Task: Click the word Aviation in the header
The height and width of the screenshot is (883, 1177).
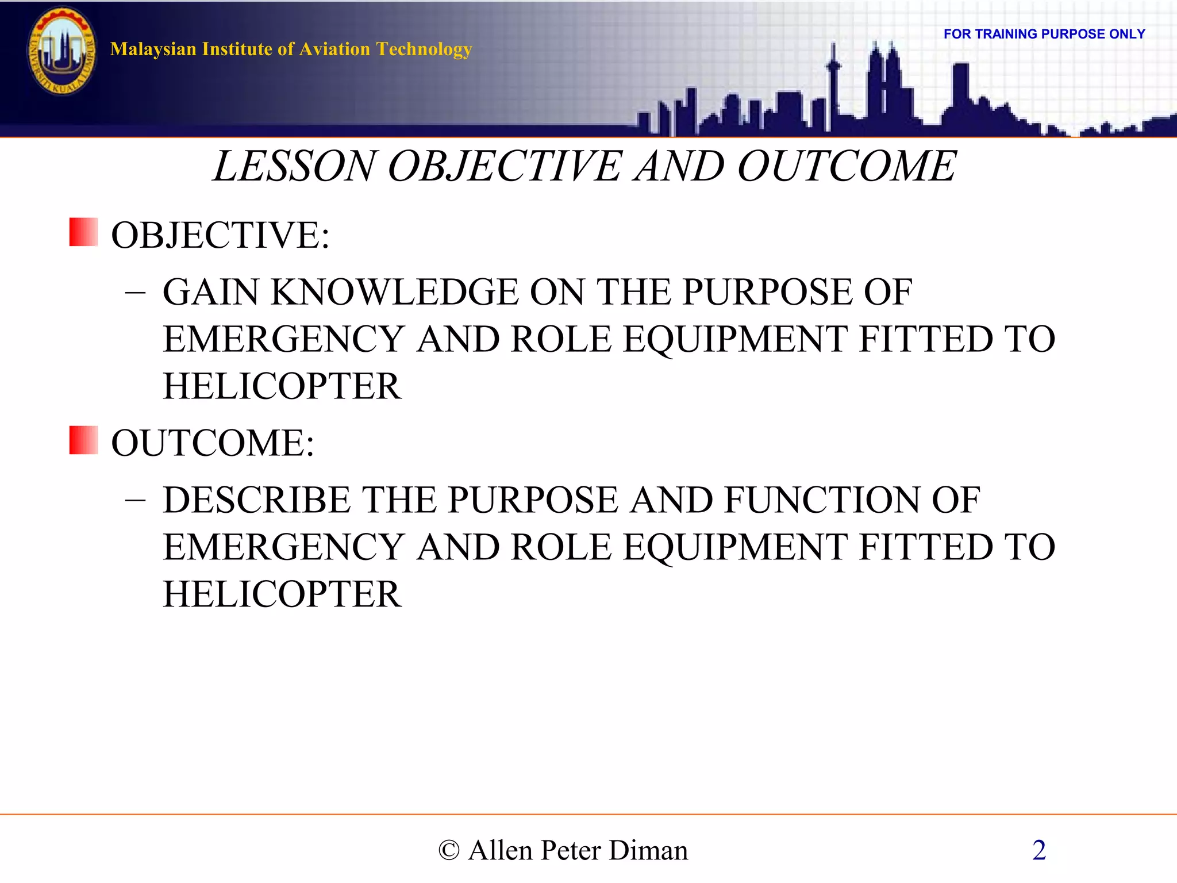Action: (x=334, y=49)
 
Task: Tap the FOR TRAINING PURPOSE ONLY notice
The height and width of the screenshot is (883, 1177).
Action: (x=1044, y=34)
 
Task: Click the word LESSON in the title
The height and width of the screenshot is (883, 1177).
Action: (x=293, y=167)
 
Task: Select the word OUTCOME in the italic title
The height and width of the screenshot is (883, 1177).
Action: (x=847, y=167)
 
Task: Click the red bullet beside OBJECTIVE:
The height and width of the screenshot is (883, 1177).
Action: (x=83, y=232)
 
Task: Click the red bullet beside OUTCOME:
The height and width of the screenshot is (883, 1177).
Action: (x=83, y=440)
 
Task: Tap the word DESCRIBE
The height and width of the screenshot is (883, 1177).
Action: (x=256, y=500)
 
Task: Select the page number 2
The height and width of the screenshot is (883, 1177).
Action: (x=1038, y=850)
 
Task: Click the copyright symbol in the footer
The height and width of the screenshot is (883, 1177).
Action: (x=449, y=850)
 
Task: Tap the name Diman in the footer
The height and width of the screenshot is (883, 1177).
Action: (x=648, y=850)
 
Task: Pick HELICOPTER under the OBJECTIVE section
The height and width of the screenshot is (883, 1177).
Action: (x=282, y=386)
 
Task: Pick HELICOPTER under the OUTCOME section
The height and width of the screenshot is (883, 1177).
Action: (x=282, y=594)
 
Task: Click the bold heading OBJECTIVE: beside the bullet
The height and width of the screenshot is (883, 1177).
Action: (x=220, y=235)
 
